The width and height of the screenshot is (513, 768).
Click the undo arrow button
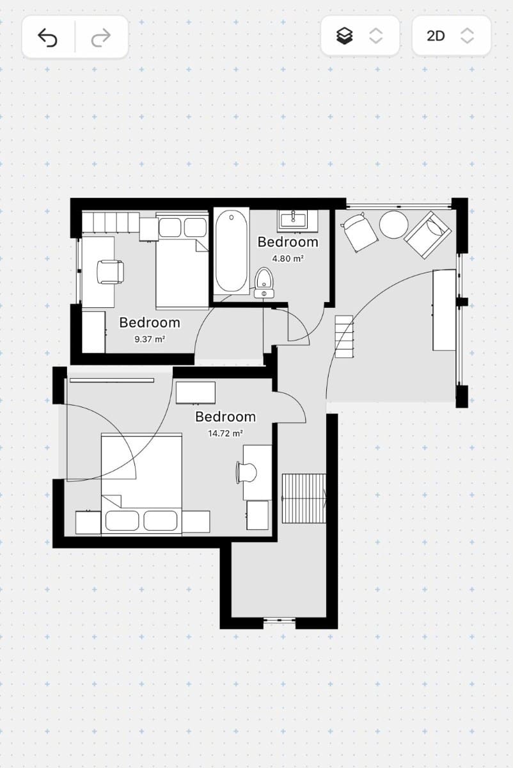[48, 38]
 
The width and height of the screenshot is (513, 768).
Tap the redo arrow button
[101, 38]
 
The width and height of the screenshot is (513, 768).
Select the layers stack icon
[345, 36]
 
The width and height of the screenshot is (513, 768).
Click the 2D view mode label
[436, 36]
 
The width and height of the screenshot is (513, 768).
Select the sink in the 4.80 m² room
[293, 220]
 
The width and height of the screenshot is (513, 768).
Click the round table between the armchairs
[393, 225]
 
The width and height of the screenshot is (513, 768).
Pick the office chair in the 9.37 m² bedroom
[109, 271]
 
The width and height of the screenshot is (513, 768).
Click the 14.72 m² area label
[225, 433]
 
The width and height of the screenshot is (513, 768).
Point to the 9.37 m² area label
[150, 339]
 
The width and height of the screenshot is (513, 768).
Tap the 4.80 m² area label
[288, 259]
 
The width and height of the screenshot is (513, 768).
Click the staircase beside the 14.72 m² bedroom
[304, 498]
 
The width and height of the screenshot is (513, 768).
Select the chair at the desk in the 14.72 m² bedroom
[246, 472]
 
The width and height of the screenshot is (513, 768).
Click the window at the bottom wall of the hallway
[280, 620]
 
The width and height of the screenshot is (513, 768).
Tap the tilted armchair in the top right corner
[427, 235]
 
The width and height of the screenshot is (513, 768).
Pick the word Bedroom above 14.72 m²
[225, 417]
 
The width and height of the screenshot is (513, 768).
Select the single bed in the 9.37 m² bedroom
[182, 262]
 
